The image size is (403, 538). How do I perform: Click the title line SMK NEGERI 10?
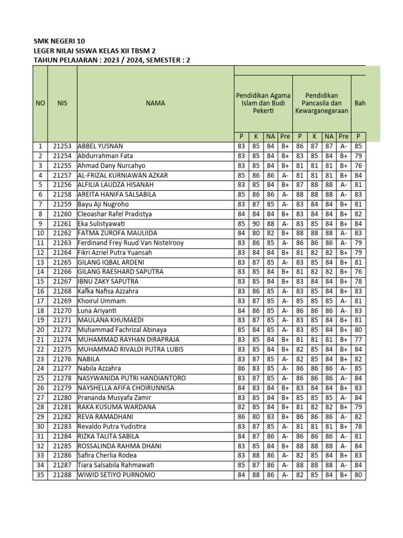[58, 41]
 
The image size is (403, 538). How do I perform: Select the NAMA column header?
[155, 104]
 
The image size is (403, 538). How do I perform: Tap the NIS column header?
[62, 104]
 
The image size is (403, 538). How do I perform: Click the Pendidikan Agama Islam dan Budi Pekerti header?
[263, 104]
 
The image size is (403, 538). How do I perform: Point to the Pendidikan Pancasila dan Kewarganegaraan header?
[321, 104]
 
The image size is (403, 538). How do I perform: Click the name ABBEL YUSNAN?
[102, 146]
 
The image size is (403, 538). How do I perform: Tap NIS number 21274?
[62, 340]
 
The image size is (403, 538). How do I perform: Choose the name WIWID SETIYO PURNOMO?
[116, 475]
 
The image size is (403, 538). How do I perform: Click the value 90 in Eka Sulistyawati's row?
[256, 224]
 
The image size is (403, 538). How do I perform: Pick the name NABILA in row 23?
[89, 359]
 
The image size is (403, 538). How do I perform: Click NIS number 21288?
[62, 475]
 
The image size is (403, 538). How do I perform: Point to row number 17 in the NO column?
[40, 301]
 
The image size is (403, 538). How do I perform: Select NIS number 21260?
[62, 214]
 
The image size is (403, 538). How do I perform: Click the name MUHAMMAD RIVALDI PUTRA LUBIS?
[129, 349]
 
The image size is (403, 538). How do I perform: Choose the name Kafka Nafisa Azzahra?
[108, 291]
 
